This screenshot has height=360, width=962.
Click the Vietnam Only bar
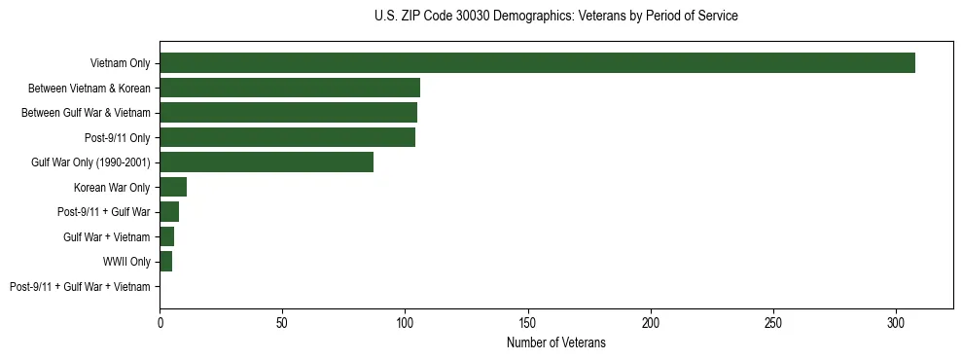[x=537, y=63]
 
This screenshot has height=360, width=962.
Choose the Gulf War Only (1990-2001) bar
[x=267, y=162]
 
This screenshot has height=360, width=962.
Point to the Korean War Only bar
[x=173, y=187]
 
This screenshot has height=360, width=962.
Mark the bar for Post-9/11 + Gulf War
[x=169, y=212]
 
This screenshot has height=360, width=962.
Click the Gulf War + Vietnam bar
[x=167, y=236]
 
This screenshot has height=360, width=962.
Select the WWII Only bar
[x=165, y=262]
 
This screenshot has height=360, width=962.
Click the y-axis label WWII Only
[x=126, y=262]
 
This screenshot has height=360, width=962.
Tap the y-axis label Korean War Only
[x=111, y=187]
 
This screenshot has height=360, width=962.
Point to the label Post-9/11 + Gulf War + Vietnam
[x=80, y=287]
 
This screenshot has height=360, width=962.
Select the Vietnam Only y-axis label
[x=120, y=63]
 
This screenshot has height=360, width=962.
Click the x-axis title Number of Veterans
[x=556, y=342]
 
